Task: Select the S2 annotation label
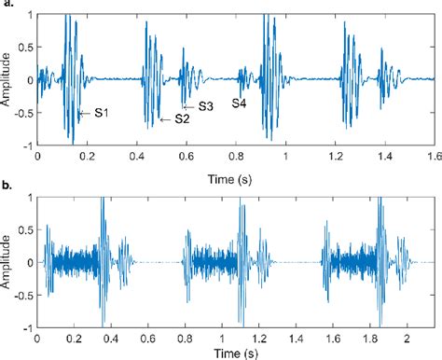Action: pos(182,118)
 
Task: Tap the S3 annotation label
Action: pos(206,106)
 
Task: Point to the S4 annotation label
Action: pos(240,102)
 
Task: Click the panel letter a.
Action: pos(7,5)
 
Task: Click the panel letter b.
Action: pos(7,187)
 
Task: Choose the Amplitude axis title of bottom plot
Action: pos(7,262)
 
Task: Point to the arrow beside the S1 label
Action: pos(84,113)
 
